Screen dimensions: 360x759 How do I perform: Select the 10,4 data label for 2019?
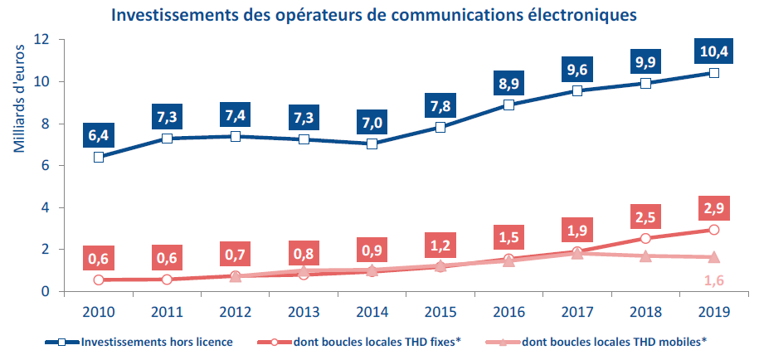[x=713, y=52]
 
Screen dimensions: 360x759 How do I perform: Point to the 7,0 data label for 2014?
[x=372, y=122]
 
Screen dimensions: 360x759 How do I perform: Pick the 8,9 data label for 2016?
[x=508, y=84]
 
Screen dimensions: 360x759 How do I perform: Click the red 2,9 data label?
[x=713, y=206]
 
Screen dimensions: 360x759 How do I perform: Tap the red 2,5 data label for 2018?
[x=645, y=216]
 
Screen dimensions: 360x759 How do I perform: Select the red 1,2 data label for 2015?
[x=440, y=245]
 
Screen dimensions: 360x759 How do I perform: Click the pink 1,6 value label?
[x=713, y=281]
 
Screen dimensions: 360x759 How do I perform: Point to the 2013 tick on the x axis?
[x=304, y=311]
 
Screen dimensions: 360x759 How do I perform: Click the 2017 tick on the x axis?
[x=577, y=311]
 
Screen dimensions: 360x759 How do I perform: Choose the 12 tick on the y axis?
[x=43, y=40]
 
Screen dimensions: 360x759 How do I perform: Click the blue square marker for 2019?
[x=713, y=73]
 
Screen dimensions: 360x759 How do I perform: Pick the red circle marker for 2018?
[x=645, y=238]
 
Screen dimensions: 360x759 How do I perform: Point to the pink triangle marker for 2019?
[x=713, y=257]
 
